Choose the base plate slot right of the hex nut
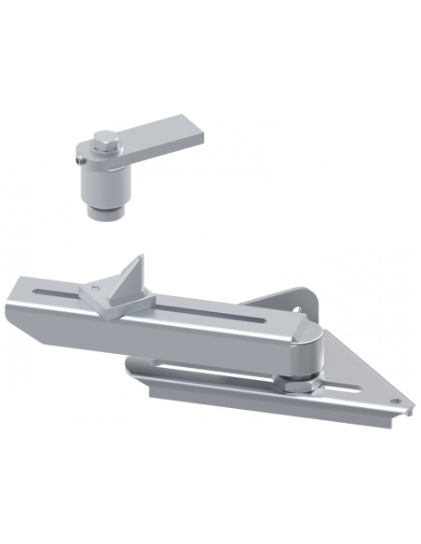349,388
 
